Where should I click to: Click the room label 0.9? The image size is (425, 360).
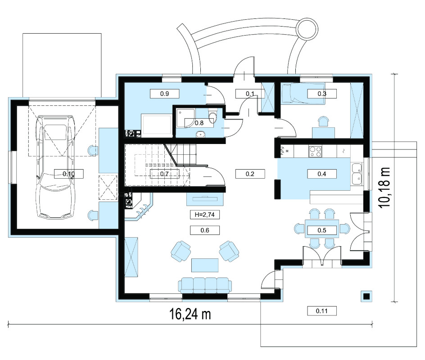click(x=164, y=94)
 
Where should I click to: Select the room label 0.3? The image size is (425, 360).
click(x=322, y=94)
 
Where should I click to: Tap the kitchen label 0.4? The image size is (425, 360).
click(x=322, y=174)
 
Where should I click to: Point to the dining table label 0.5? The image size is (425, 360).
click(x=322, y=230)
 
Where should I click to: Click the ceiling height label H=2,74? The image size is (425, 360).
click(x=205, y=215)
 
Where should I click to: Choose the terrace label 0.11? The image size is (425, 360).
click(x=322, y=311)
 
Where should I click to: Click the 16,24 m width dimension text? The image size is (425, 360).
click(x=190, y=314)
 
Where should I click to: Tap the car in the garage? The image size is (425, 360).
click(x=55, y=167)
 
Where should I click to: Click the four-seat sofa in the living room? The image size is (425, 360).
click(x=205, y=285)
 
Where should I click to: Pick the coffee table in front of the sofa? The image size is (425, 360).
click(x=205, y=265)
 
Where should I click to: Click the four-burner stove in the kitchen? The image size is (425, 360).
click(x=315, y=151)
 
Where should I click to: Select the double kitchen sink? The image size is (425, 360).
click(x=357, y=174)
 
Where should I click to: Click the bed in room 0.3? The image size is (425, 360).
click(x=303, y=93)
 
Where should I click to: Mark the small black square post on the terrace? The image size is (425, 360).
click(x=366, y=296)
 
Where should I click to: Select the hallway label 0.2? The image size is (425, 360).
click(x=250, y=174)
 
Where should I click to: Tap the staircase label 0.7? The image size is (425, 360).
click(x=164, y=174)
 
